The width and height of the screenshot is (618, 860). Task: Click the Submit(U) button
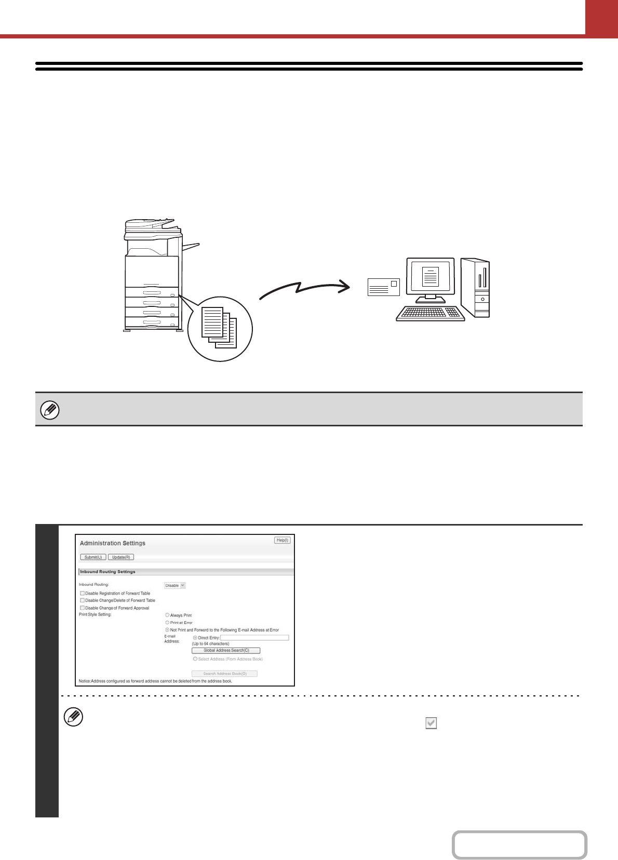pyautogui.click(x=93, y=557)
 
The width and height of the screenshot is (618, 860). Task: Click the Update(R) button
pyautogui.click(x=121, y=557)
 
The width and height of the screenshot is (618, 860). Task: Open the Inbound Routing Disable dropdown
pyautogui.click(x=174, y=585)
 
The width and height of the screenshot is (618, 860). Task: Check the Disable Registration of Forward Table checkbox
pyautogui.click(x=82, y=593)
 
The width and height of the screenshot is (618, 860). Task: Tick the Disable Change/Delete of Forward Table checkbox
pyautogui.click(x=82, y=600)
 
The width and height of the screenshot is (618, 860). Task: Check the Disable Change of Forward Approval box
pyautogui.click(x=82, y=608)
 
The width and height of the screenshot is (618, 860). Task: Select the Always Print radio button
pyautogui.click(x=167, y=615)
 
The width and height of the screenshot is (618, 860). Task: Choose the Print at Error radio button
pyautogui.click(x=167, y=623)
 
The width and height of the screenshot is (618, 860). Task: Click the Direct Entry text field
pyautogui.click(x=254, y=638)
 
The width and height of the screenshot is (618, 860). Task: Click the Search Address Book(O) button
pyautogui.click(x=224, y=674)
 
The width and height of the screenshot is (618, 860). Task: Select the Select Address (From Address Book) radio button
pyautogui.click(x=195, y=659)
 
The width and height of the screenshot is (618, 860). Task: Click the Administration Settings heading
pyautogui.click(x=113, y=543)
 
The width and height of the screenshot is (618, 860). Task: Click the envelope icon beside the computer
pyautogui.click(x=383, y=287)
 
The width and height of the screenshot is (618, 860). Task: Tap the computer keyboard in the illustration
pyautogui.click(x=430, y=313)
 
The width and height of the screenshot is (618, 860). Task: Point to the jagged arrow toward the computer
pyautogui.click(x=305, y=289)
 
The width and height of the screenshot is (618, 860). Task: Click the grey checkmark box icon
pyautogui.click(x=431, y=723)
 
